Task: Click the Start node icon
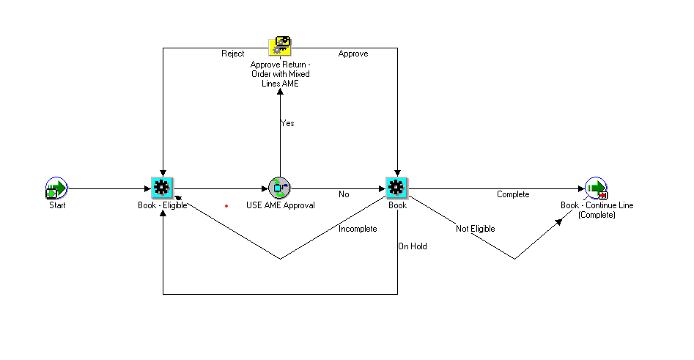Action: coord(56,188)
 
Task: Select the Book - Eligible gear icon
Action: coord(162,188)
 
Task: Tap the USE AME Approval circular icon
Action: coord(279,188)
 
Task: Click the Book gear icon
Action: coord(396,188)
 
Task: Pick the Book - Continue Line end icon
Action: coord(597,188)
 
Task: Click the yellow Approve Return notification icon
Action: coord(280,46)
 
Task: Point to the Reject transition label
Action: coord(233,54)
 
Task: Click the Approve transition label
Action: coord(353,54)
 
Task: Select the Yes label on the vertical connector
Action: coord(288,123)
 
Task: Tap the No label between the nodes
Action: coord(344,194)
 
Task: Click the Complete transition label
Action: coord(513,194)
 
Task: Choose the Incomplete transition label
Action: coord(358,229)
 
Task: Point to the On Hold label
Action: coord(413,246)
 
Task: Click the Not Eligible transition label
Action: coord(476,229)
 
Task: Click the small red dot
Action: coord(226,206)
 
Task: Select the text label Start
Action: coord(57,205)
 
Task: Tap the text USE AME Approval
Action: coord(281,205)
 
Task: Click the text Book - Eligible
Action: coord(163,205)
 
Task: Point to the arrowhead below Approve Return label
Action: coord(280,91)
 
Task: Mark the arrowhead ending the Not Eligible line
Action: coord(558,222)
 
